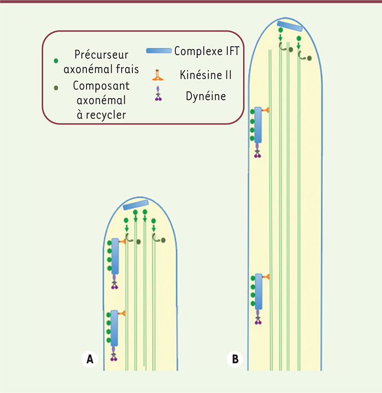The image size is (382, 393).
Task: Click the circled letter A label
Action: point(89,359)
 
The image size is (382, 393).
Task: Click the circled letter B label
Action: point(235,359)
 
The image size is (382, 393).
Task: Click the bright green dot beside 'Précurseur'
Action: point(56,60)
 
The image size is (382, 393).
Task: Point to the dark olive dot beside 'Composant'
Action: point(56,87)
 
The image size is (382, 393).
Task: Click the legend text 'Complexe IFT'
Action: point(206,51)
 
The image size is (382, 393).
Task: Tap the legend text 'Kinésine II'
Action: point(205,74)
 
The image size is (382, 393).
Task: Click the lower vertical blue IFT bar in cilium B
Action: point(259,293)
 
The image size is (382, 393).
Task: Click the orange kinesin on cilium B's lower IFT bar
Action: point(266,276)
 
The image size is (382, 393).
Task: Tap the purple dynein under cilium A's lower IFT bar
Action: point(115,356)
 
